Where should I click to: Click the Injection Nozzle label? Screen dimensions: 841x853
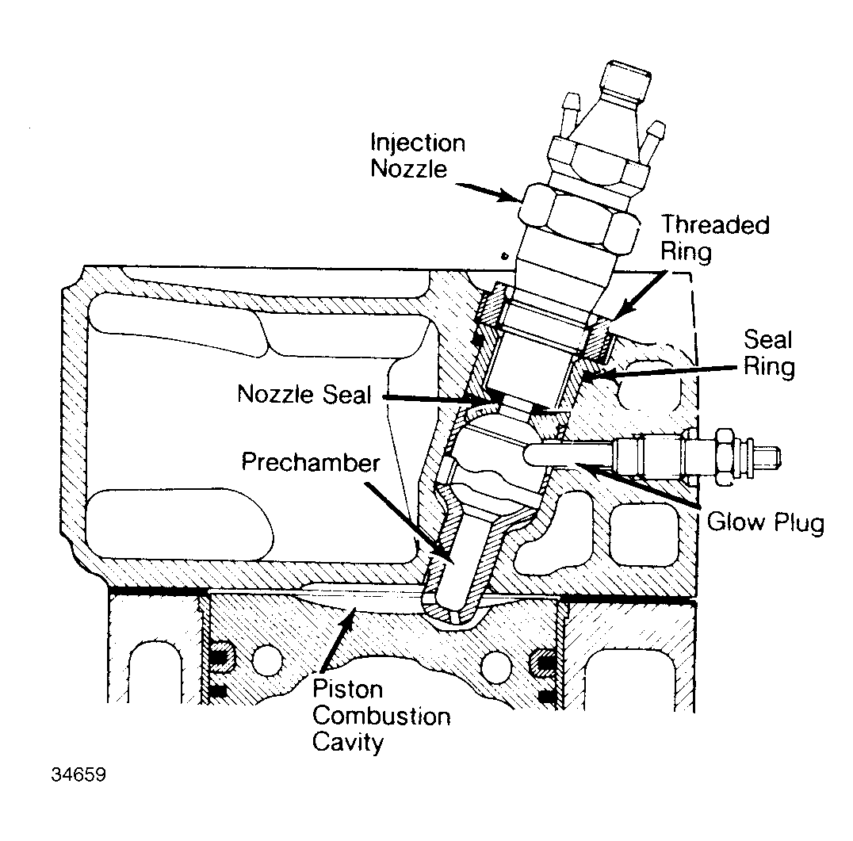click(418, 156)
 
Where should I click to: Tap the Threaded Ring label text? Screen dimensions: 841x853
click(716, 237)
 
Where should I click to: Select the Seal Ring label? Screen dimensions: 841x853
click(768, 354)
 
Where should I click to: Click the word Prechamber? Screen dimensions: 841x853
click(311, 463)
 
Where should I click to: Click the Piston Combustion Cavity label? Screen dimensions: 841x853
click(381, 717)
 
